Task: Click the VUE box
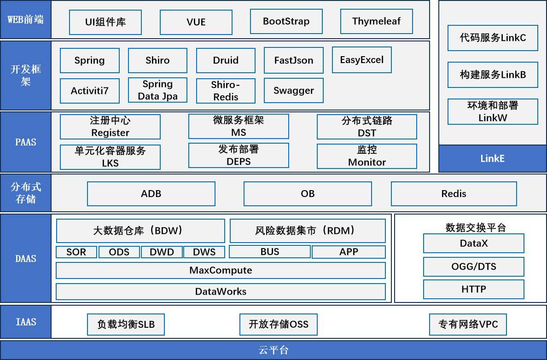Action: (196, 22)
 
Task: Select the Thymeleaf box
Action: (377, 21)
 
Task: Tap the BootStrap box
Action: (286, 21)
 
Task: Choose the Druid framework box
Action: (226, 60)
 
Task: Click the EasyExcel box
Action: (362, 60)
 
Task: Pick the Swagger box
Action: (294, 91)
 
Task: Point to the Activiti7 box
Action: (90, 91)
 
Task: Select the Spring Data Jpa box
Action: (157, 90)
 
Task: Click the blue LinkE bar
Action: (493, 158)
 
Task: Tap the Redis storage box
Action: (454, 194)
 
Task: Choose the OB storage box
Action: (308, 194)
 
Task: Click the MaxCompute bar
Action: (221, 270)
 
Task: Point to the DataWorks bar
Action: (221, 291)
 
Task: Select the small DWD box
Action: (162, 252)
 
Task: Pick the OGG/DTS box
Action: (474, 267)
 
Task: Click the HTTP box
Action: (474, 289)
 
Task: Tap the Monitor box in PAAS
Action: (367, 156)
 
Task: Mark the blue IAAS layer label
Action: (26, 322)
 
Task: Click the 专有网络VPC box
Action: (468, 325)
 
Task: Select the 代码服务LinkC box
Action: (493, 38)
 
